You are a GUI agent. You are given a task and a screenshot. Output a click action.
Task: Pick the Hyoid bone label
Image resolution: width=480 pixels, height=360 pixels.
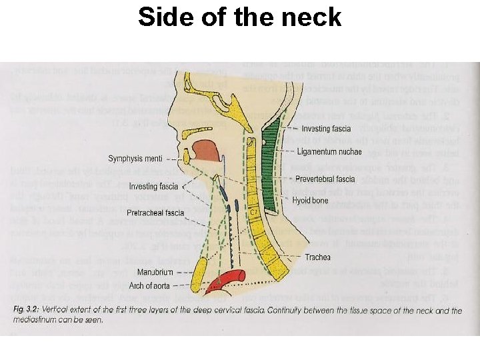(311, 199)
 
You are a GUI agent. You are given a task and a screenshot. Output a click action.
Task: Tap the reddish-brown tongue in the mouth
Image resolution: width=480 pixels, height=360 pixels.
(206, 151)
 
